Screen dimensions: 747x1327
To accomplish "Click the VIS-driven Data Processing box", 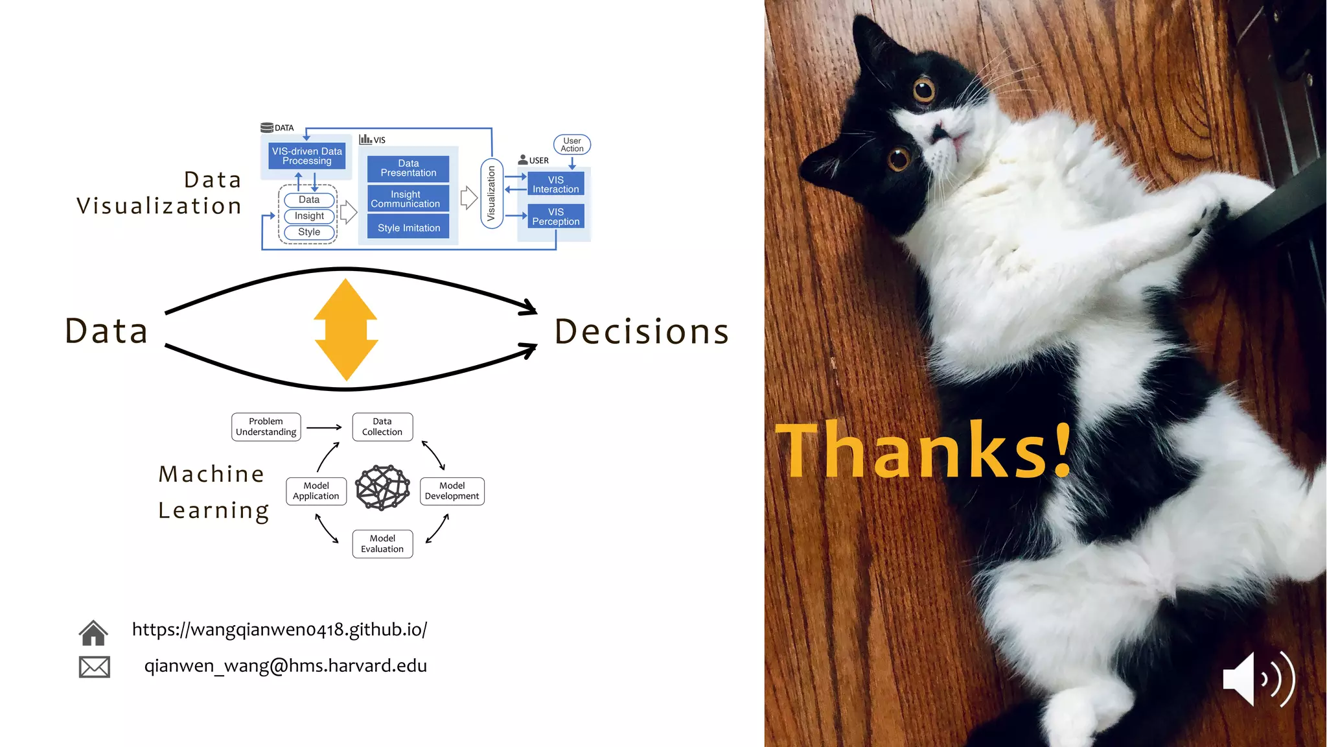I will tap(306, 156).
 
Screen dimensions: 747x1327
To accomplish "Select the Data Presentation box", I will tap(408, 169).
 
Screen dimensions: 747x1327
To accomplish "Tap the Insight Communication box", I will tap(406, 199).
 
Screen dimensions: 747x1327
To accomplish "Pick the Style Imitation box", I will tap(408, 228).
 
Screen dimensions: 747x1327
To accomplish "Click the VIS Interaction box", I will tap(555, 185).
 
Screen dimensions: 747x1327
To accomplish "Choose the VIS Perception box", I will tap(555, 217).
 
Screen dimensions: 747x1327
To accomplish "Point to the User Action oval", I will tap(572, 145).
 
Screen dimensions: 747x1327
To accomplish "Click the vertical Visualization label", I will tap(491, 193).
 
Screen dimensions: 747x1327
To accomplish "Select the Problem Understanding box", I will tap(266, 427).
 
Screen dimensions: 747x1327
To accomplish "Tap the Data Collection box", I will tap(382, 427).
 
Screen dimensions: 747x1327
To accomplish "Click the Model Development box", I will tap(452, 491).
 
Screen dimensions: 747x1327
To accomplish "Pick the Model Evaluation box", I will tap(382, 543).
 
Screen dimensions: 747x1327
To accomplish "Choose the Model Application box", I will tap(316, 491).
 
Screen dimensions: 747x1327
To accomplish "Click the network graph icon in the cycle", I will tap(382, 488).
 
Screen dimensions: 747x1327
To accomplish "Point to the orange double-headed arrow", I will tap(346, 329).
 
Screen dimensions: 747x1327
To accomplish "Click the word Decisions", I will tap(641, 332).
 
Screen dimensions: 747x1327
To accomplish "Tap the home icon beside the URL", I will tap(93, 632).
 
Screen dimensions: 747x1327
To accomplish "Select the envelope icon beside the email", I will tap(95, 667).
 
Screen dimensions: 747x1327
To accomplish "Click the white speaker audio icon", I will tap(1257, 679).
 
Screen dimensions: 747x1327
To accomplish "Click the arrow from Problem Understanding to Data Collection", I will tap(324, 427).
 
